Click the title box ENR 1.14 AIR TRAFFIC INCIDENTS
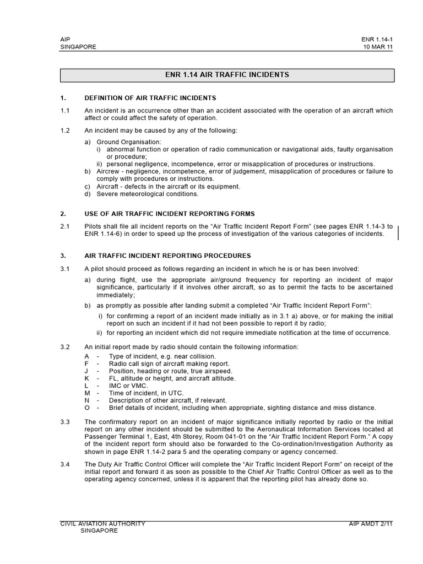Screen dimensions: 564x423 pos(226,75)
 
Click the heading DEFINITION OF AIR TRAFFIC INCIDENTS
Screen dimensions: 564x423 pos(150,98)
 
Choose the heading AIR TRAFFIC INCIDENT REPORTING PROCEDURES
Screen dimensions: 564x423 pos(167,256)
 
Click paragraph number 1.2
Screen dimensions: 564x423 pos(65,131)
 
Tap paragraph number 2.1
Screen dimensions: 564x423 pos(65,226)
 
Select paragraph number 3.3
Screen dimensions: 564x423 pos(65,422)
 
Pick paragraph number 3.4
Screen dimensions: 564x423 pos(65,464)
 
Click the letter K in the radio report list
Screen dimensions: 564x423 pos(86,378)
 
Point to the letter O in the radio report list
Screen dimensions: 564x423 pos(86,408)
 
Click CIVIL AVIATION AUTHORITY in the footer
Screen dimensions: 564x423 pos(102,524)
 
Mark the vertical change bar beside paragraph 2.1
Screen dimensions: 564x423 pos(398,232)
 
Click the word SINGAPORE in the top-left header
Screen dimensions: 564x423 pos(78,47)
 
